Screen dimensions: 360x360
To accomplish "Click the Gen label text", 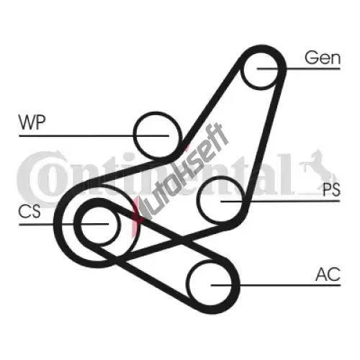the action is coord(323,58).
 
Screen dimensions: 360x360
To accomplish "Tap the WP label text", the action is coord(32,122).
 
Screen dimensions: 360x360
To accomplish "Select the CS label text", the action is coord(30,212).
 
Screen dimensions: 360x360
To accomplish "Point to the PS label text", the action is coord(331,189).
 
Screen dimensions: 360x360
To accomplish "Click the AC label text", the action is coord(328,274).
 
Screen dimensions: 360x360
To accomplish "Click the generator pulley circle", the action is coord(240,70).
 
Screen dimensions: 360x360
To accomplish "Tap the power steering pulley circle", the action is coord(197,200).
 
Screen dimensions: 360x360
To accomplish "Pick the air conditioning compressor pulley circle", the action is coord(189,284).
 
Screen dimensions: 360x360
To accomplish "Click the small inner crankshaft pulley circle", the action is coord(81,225).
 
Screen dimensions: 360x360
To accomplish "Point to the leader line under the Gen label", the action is coord(299,69).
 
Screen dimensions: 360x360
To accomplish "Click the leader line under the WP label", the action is coord(94,136).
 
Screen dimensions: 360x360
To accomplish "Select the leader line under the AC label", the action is coord(276,285).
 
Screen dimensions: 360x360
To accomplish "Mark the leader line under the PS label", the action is coord(280,201).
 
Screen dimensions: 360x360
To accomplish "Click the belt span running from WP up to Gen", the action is coord(211,103).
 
